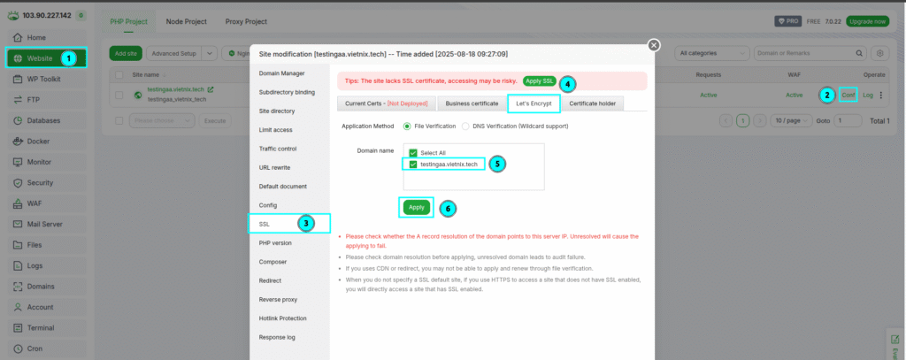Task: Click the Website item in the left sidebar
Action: (x=40, y=57)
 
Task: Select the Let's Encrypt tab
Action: (x=534, y=103)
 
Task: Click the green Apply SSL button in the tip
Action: (x=539, y=80)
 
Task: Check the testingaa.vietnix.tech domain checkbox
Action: (x=413, y=165)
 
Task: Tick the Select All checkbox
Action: (x=413, y=153)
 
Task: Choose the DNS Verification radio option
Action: (x=466, y=126)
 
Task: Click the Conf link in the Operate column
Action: (x=848, y=95)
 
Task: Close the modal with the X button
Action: (x=654, y=45)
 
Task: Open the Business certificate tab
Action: (x=472, y=103)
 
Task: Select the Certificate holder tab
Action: (x=593, y=103)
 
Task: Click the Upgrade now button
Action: (x=867, y=21)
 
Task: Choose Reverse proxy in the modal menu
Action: (x=277, y=299)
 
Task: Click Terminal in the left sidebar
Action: (x=41, y=327)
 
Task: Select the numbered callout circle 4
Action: (x=567, y=84)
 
